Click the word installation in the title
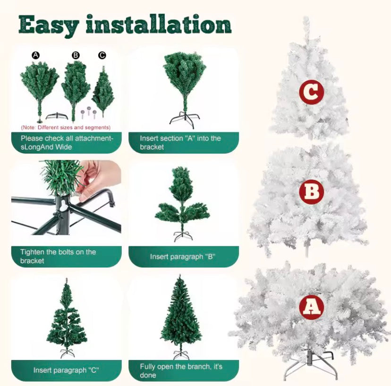pyautogui.click(x=159, y=24)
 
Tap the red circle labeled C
pyautogui.click(x=312, y=92)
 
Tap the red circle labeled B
pyautogui.click(x=312, y=192)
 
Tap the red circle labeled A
pyautogui.click(x=312, y=307)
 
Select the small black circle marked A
pyautogui.click(x=36, y=55)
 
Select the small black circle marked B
pyautogui.click(x=76, y=55)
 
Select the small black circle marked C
pyautogui.click(x=102, y=55)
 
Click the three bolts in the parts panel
pyautogui.click(x=88, y=113)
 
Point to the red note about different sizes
pyautogui.click(x=66, y=128)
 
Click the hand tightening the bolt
pyautogui.click(x=99, y=179)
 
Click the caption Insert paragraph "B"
pyautogui.click(x=183, y=257)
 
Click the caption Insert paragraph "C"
pyautogui.click(x=66, y=370)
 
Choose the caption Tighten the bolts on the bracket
pyautogui.click(x=58, y=256)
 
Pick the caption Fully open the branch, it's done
pyautogui.click(x=181, y=371)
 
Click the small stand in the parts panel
pyautogui.click(x=57, y=116)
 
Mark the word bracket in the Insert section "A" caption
pyautogui.click(x=152, y=147)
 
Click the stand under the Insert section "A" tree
pyautogui.click(x=185, y=118)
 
